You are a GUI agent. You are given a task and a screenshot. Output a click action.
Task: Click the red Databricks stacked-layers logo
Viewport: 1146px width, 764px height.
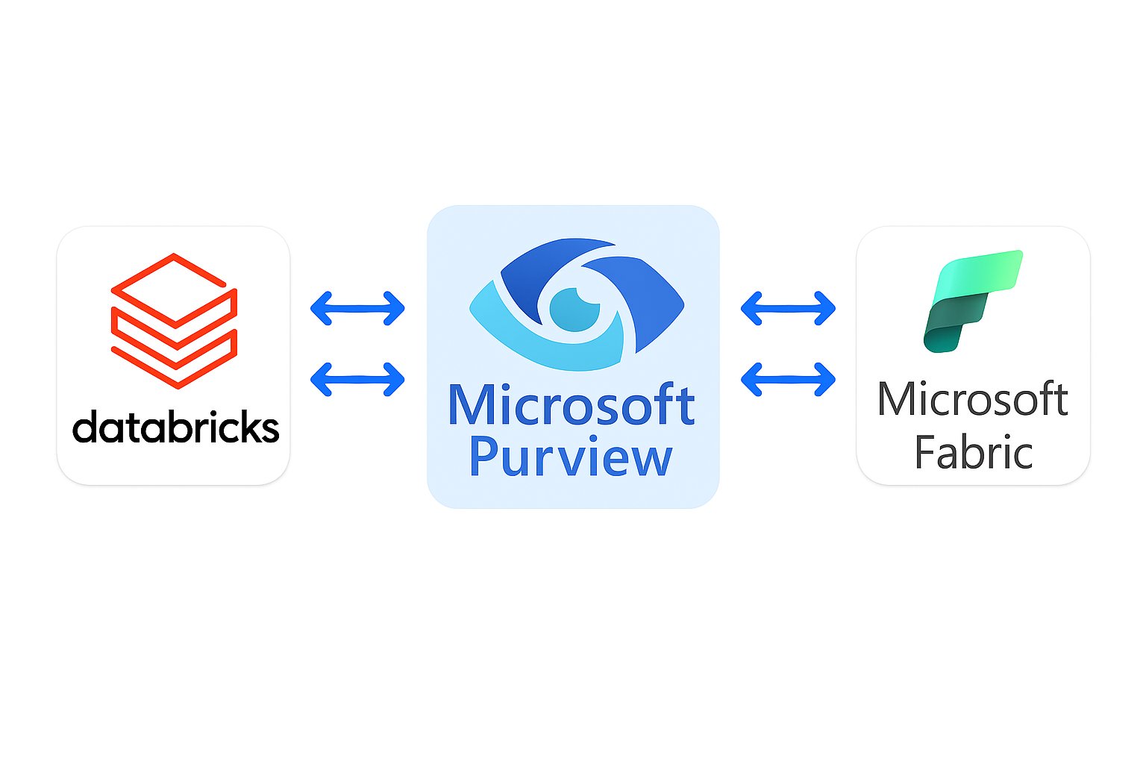[x=174, y=321]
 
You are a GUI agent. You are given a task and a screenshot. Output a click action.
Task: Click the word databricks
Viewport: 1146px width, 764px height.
[x=175, y=428]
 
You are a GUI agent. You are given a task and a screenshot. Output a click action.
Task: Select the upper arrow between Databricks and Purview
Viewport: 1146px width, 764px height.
[x=357, y=307]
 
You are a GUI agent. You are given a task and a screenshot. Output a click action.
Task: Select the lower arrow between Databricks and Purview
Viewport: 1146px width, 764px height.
[x=357, y=379]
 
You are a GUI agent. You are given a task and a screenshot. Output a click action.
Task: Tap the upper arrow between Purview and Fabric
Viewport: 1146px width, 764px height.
[x=788, y=307]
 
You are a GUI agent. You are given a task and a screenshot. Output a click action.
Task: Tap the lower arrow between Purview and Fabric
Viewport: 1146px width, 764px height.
[x=788, y=379]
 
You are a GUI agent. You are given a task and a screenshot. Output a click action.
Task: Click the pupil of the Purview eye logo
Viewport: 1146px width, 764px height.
[x=575, y=309]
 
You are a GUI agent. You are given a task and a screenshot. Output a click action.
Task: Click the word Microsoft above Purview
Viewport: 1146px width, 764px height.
[x=572, y=406]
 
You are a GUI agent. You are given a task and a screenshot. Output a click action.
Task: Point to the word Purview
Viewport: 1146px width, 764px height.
[x=572, y=457]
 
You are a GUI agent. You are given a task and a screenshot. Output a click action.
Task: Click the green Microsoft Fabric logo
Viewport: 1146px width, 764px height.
[x=972, y=300]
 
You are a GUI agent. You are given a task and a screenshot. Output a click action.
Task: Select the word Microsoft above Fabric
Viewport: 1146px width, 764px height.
[x=972, y=400]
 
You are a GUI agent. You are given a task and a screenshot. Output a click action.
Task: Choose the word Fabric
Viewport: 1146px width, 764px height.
[x=973, y=452]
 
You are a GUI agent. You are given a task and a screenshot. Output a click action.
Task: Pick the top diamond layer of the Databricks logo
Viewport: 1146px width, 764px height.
[x=174, y=287]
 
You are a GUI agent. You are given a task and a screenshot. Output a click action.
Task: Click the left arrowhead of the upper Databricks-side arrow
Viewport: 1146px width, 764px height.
[x=319, y=307]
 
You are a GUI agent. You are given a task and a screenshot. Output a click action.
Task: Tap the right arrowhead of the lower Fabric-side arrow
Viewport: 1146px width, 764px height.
[x=827, y=379]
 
